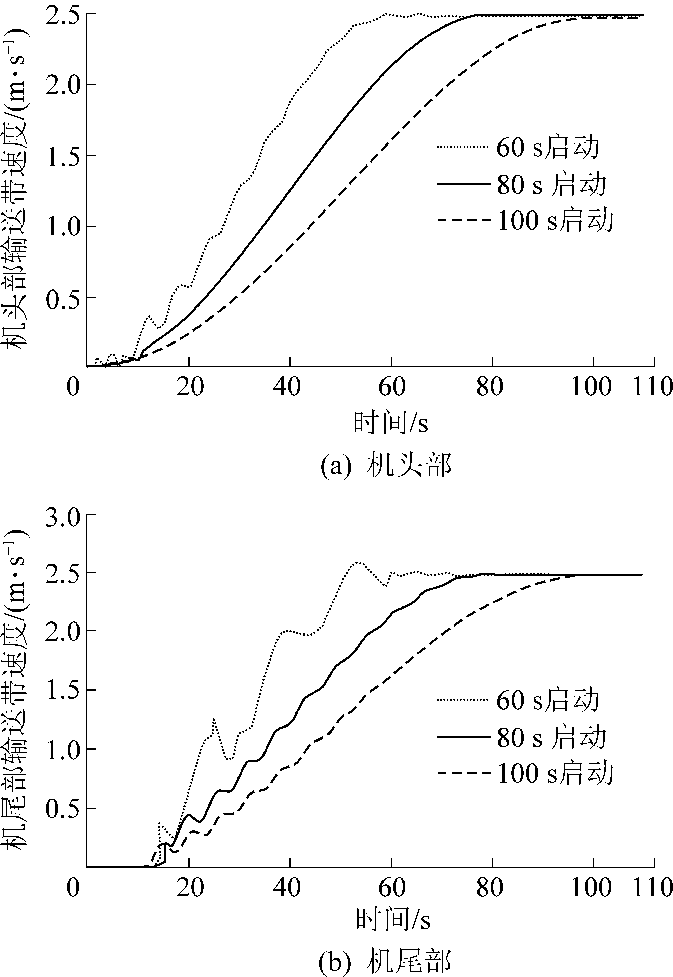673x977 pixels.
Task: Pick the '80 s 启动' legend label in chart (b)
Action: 551,737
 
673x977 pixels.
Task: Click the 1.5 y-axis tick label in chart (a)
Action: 63,156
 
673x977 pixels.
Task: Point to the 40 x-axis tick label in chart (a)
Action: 287,386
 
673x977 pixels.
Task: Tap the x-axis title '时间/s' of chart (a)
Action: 390,423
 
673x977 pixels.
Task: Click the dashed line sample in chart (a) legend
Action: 464,220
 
